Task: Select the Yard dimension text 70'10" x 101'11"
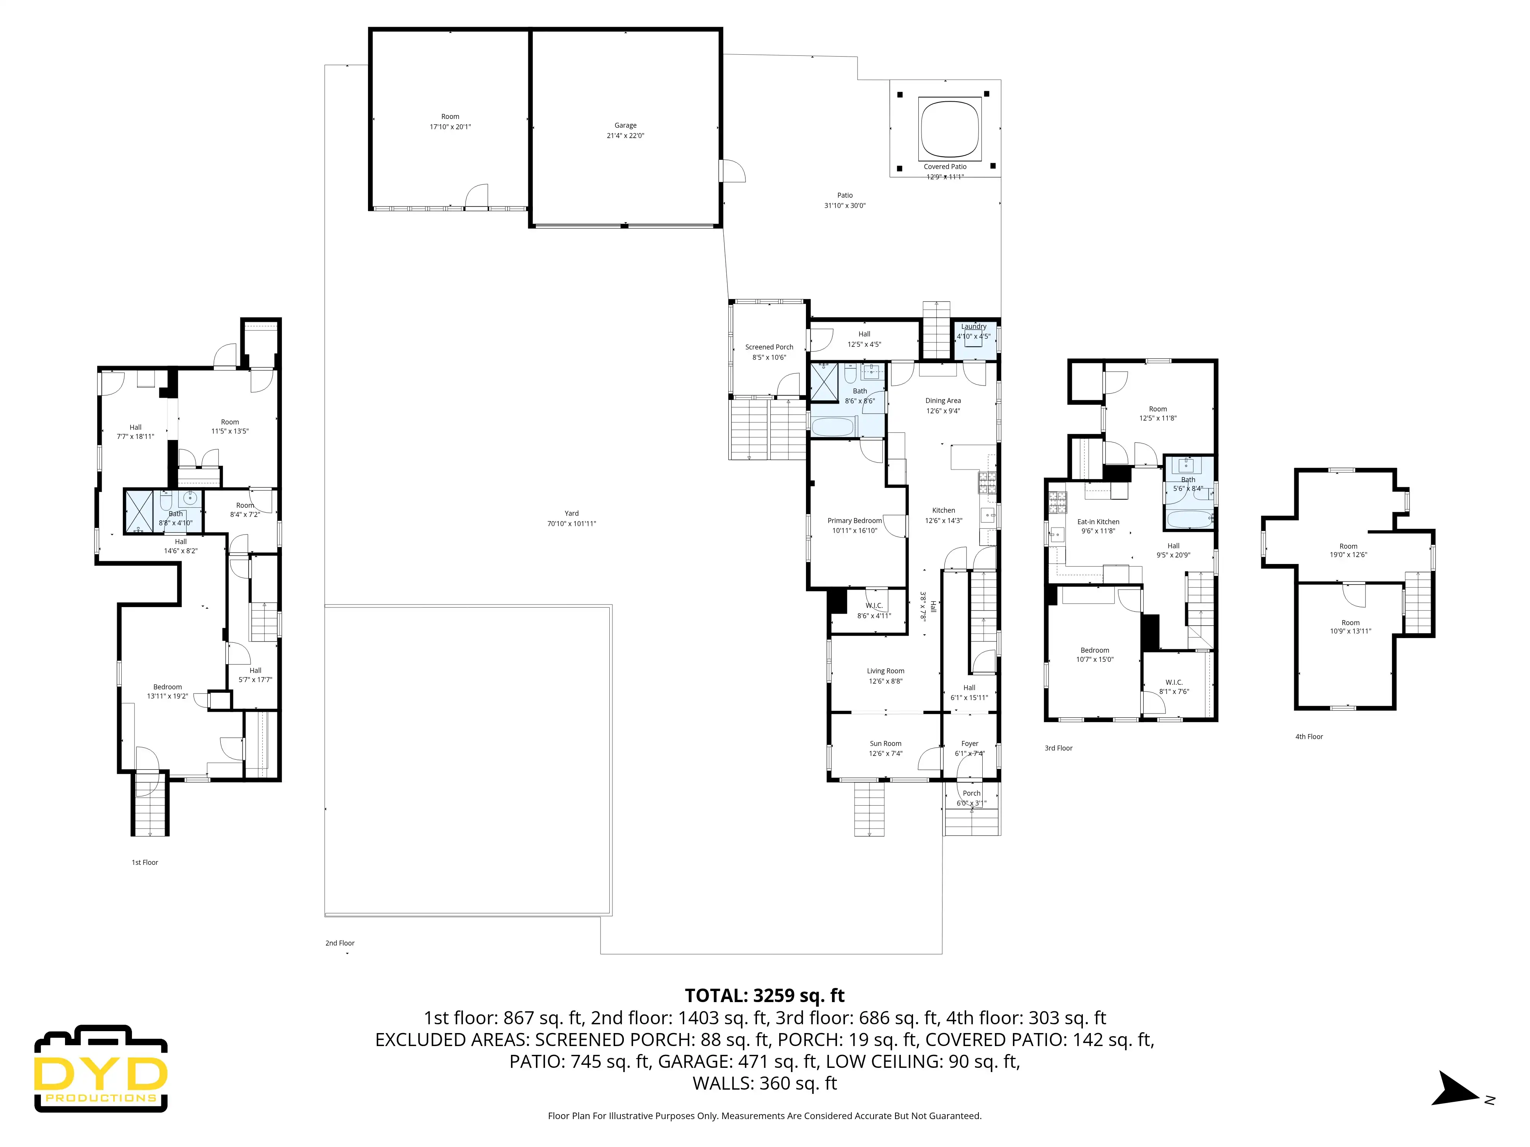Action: point(571,523)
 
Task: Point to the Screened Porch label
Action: point(769,347)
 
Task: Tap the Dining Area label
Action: point(943,400)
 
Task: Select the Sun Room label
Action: point(885,743)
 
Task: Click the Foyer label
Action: point(970,743)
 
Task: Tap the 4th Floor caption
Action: point(1309,736)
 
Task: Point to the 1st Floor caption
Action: point(145,862)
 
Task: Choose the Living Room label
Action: point(885,671)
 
